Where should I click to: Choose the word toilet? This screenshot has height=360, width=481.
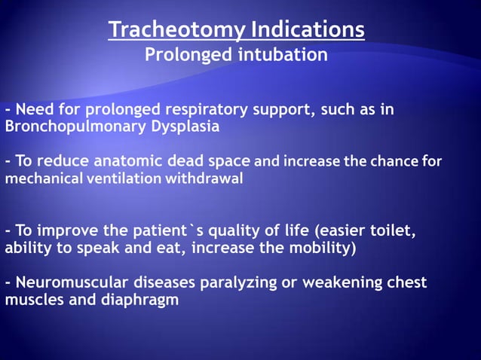click(x=394, y=230)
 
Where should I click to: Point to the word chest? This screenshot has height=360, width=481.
click(x=406, y=283)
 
